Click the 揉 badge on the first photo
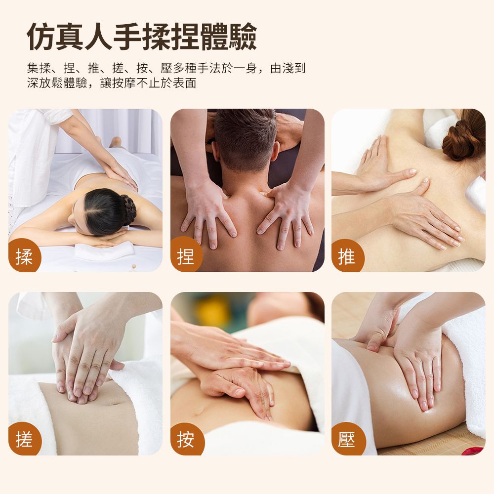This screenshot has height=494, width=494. point(24,256)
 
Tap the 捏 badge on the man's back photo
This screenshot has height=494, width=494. point(186,255)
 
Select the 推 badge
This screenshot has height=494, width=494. point(347,256)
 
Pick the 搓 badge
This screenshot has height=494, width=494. point(24,439)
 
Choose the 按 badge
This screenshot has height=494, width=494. point(186,439)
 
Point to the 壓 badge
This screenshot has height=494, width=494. point(347,439)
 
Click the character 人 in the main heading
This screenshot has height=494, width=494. point(99,37)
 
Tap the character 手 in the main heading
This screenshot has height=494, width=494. point(127,37)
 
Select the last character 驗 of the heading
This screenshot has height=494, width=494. point(243,37)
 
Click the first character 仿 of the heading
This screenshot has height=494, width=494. point(41,37)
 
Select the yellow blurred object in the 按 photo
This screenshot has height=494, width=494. point(212,311)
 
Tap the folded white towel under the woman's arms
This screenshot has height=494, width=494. point(104,251)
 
